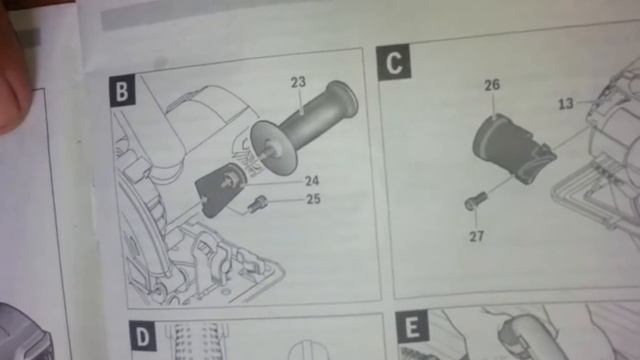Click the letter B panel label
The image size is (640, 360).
point(122,91)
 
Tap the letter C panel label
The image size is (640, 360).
point(393,62)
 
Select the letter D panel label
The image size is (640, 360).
point(143,336)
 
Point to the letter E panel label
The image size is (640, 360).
point(412,326)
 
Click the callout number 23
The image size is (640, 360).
point(298,82)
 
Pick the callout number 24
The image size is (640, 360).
point(312,180)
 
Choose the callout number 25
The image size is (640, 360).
point(313,199)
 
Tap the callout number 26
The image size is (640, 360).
point(492,85)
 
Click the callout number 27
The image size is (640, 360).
point(476,236)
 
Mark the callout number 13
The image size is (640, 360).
point(566,104)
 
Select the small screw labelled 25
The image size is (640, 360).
point(256,203)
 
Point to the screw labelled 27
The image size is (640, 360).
point(476,200)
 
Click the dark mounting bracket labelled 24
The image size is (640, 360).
point(220,189)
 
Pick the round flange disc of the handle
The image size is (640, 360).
point(273,148)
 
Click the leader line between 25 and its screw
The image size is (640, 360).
point(285,200)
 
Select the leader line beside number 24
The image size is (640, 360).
point(274,182)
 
